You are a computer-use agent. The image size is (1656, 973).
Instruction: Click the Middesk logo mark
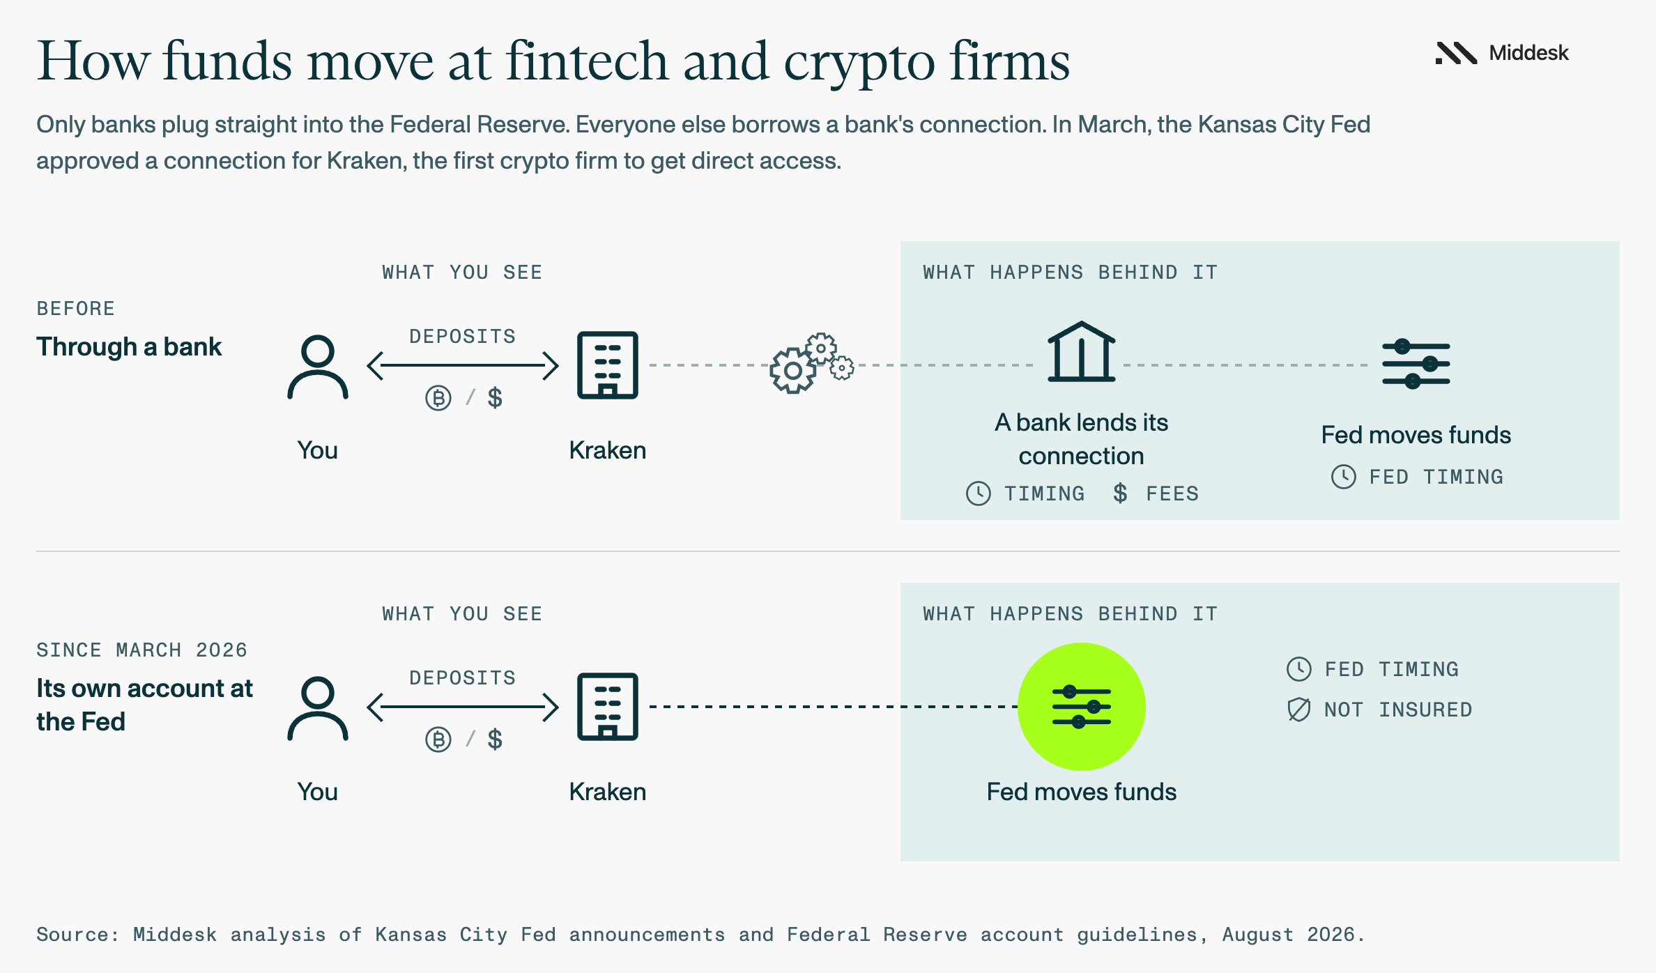[x=1456, y=53]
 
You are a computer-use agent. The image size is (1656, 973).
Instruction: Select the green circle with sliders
[x=1081, y=707]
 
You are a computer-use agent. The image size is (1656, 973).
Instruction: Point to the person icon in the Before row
[x=318, y=367]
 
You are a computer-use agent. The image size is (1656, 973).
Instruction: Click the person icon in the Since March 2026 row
[x=318, y=709]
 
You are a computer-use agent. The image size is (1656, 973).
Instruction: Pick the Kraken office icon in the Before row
[x=608, y=365]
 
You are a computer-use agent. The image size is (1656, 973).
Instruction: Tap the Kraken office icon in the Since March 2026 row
[x=608, y=707]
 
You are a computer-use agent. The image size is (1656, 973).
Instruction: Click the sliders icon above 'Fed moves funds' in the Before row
[x=1416, y=364]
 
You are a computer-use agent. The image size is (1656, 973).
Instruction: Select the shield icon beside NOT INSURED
[x=1299, y=710]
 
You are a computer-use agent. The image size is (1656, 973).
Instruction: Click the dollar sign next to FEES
[x=1120, y=493]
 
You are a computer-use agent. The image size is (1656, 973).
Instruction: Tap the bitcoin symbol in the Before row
[x=438, y=398]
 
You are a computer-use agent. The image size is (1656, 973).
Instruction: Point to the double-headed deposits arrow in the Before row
[x=463, y=365]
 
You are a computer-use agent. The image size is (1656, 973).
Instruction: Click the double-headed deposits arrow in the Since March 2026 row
[x=463, y=707]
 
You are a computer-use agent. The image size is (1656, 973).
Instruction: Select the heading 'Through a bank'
[x=129, y=346]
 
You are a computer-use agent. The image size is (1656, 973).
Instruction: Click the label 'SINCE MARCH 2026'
[x=142, y=650]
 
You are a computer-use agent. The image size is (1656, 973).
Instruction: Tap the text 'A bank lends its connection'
[x=1081, y=439]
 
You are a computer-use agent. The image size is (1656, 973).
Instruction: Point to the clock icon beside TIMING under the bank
[x=979, y=493]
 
